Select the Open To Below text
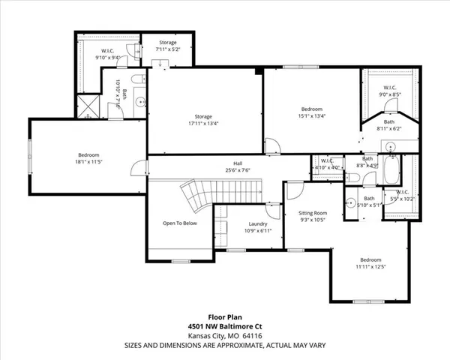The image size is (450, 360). click(x=180, y=223)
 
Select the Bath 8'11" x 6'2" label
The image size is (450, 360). click(x=389, y=125)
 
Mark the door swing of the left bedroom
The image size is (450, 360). click(x=136, y=169)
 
